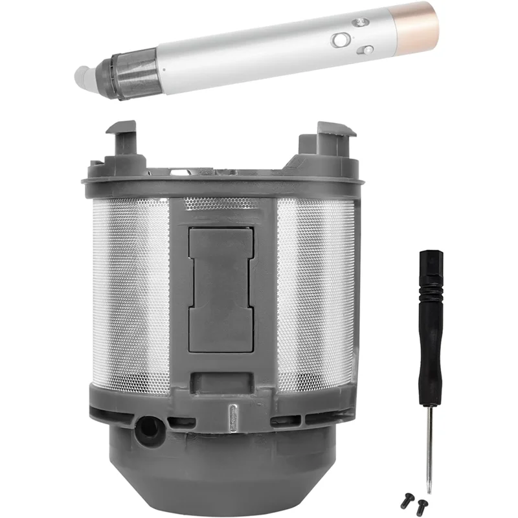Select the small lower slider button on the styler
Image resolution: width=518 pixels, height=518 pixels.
(x=366, y=49)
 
